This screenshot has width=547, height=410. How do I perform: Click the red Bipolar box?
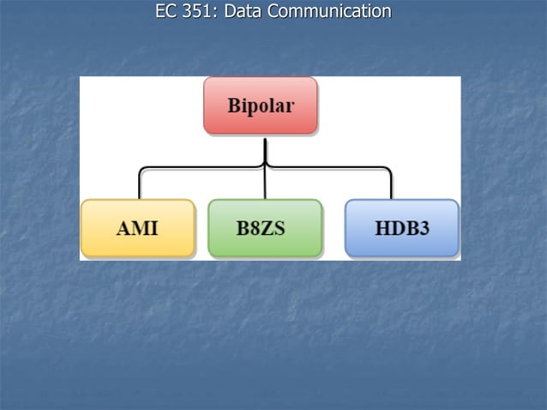(261, 106)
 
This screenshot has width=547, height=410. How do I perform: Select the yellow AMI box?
(137, 228)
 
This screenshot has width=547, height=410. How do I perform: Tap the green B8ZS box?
(265, 228)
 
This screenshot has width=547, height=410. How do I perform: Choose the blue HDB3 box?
(401, 228)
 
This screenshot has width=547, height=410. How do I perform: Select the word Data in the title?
(243, 11)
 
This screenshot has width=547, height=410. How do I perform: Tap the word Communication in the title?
(329, 11)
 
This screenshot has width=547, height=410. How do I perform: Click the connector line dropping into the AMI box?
(140, 184)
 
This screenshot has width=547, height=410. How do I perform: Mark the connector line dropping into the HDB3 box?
(391, 184)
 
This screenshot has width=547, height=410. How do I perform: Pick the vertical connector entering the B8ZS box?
(265, 184)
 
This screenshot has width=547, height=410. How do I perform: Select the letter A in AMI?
(123, 229)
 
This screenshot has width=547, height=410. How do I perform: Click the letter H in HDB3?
(382, 229)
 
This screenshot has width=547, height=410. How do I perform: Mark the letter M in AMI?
(137, 229)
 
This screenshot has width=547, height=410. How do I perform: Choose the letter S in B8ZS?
(280, 229)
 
